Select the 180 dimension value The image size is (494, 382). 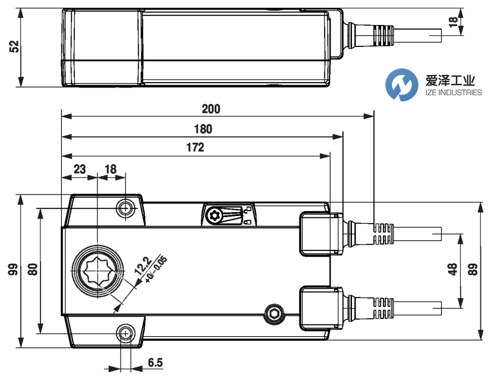point(203,129)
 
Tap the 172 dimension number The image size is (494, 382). point(194,148)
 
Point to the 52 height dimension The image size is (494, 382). point(14,47)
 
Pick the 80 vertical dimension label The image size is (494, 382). point(33,269)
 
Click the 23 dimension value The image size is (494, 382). point(79,169)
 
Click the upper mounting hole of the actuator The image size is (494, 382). point(125,208)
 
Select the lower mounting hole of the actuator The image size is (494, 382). point(125,333)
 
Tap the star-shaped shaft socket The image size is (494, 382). point(96,270)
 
